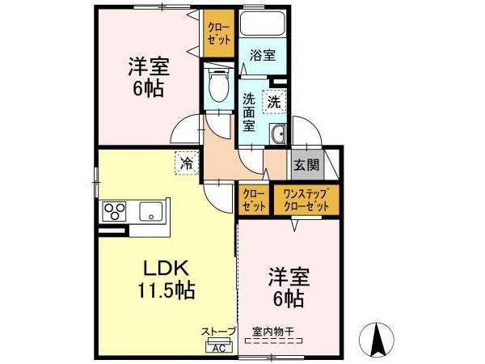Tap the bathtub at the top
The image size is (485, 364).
click(x=263, y=23)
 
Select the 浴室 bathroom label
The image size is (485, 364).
click(x=263, y=55)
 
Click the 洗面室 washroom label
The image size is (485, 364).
click(x=249, y=112)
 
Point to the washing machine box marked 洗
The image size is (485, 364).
click(x=274, y=102)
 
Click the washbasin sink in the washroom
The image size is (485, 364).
click(x=278, y=134)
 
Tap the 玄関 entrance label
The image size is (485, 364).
click(x=306, y=165)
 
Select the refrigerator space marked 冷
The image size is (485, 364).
click(x=187, y=163)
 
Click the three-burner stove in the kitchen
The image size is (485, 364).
click(x=114, y=211)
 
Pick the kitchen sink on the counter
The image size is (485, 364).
click(x=151, y=211)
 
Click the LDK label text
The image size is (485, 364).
click(x=166, y=269)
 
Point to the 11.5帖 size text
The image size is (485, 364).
click(x=166, y=290)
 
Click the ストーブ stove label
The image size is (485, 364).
click(x=219, y=332)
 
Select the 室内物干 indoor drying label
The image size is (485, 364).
click(x=273, y=332)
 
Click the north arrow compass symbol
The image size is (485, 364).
click(x=377, y=339)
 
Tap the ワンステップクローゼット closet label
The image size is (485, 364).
click(x=306, y=201)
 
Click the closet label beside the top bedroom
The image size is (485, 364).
click(x=219, y=33)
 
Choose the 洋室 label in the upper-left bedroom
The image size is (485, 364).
click(x=149, y=66)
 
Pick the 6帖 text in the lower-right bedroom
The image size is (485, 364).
click(x=289, y=298)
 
